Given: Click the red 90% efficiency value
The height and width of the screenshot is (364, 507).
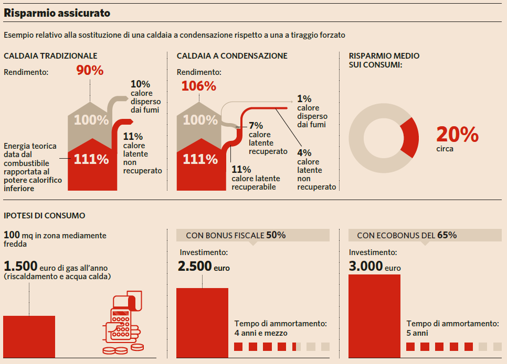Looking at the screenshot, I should click(90, 71).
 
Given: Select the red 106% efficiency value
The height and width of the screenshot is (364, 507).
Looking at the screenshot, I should click(198, 86).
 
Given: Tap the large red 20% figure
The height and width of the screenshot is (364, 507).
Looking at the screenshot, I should click(457, 135).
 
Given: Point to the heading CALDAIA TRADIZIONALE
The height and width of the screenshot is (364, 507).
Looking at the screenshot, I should click(50, 56).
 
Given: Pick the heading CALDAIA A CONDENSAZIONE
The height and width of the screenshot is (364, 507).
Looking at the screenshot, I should click(232, 56).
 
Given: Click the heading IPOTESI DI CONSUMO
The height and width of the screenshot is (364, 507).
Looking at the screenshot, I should click(44, 215).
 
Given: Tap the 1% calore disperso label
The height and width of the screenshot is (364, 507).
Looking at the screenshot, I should click(312, 111).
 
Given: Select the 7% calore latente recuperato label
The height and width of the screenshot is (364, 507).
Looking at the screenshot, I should click(268, 138).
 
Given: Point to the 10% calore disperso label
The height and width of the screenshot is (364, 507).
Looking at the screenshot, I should click(145, 97).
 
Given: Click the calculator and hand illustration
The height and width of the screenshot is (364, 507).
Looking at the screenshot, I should click(122, 324).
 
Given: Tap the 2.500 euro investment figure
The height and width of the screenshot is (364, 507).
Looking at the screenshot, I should click(204, 267).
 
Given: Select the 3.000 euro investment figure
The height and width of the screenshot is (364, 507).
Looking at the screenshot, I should click(375, 267).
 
